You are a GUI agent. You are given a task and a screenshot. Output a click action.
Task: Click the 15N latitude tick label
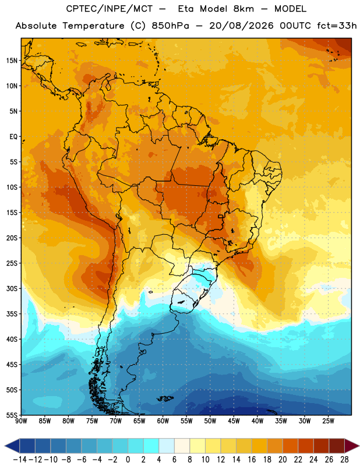tap(12, 61)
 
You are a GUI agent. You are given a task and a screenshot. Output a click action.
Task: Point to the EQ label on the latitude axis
tap(13, 137)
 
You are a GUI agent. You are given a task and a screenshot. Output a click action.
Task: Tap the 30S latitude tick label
tap(12, 288)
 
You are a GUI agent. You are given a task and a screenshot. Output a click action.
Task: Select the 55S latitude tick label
tap(12, 415)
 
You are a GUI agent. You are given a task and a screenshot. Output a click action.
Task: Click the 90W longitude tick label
tap(21, 421)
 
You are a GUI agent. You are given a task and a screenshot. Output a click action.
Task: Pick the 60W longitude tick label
tap(163, 421)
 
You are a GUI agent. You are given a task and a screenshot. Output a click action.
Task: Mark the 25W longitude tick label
tap(328, 421)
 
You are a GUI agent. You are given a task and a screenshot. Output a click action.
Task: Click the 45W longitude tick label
tap(234, 421)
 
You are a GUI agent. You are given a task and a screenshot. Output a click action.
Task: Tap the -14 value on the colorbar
tap(20, 460)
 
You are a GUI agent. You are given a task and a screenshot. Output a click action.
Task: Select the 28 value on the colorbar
tap(344, 460)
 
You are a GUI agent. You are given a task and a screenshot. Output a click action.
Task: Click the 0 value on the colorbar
tap(128, 460)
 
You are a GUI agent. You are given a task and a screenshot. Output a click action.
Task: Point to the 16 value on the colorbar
tap(252, 460)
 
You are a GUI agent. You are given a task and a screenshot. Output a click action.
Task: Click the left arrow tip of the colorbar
tap(5, 446)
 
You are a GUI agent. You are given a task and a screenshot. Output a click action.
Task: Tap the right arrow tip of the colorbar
tap(359, 446)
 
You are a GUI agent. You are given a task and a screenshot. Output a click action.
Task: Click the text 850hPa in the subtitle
tap(170, 26)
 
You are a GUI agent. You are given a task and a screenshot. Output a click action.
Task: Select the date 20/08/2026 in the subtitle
tap(241, 26)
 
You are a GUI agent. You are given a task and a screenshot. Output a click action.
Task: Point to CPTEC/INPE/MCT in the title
tap(109, 9)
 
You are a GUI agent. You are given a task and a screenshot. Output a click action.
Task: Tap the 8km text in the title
tap(243, 9)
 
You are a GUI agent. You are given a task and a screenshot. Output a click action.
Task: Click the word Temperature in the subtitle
tap(93, 26)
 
